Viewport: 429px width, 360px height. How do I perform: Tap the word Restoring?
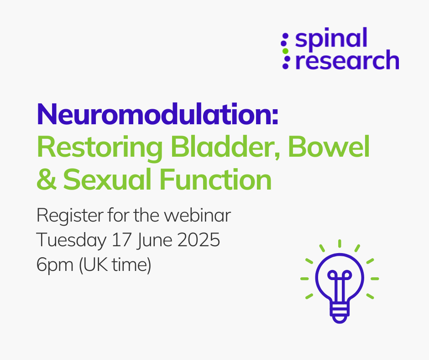pos(99,148)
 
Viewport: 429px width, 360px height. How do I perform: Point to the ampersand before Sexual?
pos(47,179)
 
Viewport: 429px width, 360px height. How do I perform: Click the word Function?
pos(215,179)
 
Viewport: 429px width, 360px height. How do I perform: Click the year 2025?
pos(199,240)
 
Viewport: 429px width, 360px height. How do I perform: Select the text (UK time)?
pos(115,265)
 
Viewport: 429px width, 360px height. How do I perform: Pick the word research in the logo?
pos(347,60)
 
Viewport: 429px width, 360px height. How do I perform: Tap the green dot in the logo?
pos(285,51)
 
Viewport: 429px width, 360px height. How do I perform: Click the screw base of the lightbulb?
pos(340,312)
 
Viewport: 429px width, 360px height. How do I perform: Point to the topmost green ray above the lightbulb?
pos(340,244)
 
